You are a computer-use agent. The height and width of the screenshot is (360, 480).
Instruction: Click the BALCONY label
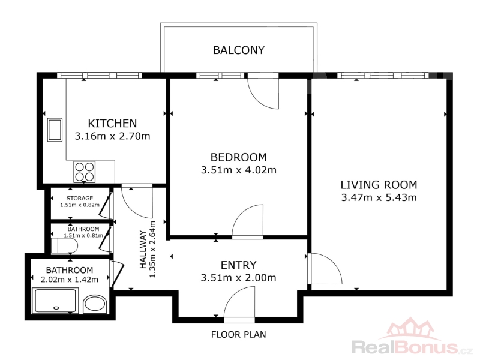click(x=239, y=50)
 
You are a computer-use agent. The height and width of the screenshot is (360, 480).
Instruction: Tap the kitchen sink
click(x=55, y=130)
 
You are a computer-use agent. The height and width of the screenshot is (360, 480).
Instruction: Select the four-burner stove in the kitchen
click(x=85, y=172)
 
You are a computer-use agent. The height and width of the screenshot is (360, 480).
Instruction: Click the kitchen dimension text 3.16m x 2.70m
click(x=112, y=136)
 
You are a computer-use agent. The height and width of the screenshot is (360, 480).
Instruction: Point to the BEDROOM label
click(x=238, y=157)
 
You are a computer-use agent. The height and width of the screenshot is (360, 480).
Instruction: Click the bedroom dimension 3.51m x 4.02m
click(x=238, y=170)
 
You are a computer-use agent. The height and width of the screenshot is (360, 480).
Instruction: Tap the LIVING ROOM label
click(x=379, y=185)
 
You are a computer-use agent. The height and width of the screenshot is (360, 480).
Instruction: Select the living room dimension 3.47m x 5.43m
click(x=379, y=197)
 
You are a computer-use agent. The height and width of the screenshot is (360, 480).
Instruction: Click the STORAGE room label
click(x=80, y=199)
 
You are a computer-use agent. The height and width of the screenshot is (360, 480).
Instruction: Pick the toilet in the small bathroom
click(x=64, y=246)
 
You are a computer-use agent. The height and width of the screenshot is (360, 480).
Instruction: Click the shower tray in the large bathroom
click(x=55, y=301)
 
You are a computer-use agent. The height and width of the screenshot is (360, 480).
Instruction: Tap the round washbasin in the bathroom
click(x=95, y=304)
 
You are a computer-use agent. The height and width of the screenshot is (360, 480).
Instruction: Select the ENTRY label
click(x=238, y=265)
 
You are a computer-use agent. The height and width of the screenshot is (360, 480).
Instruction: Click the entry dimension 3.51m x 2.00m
click(x=238, y=278)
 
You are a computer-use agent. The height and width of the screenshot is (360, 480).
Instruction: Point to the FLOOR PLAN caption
click(x=238, y=334)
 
